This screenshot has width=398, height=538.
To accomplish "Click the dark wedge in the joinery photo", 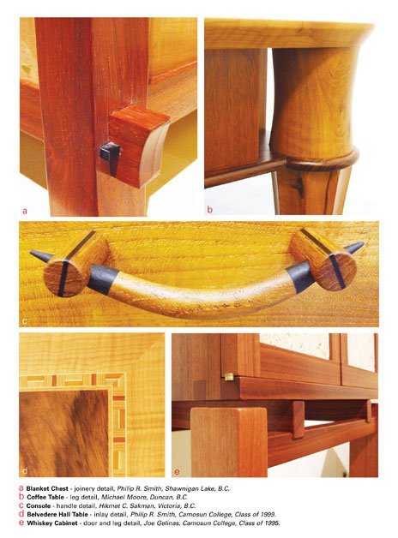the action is pos(111,158).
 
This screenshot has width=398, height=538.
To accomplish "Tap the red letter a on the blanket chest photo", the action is pos(24,210).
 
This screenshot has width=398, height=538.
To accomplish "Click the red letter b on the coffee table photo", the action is pos(210,209).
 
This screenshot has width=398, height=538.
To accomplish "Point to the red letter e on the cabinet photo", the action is pos(178,472).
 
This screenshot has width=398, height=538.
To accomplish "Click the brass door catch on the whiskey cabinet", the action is pos(228,377).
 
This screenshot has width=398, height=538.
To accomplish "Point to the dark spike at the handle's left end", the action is pos(41,255).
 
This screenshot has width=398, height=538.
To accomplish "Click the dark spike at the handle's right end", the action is pos(353,247).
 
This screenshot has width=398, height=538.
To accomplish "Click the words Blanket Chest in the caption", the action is pos(47,488).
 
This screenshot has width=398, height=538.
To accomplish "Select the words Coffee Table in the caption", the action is pos(45,497).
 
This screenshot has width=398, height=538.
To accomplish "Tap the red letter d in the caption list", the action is pos(21,514).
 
